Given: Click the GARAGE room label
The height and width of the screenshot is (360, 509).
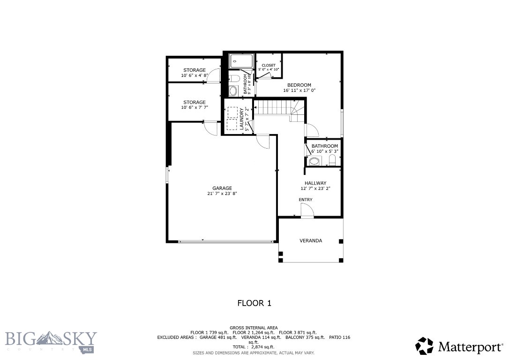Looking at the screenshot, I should pyautogui.click(x=222, y=188).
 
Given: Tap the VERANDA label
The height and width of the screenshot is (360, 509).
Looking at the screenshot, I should pyautogui.click(x=311, y=240).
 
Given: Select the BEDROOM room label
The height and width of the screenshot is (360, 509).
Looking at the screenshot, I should pyautogui.click(x=299, y=85).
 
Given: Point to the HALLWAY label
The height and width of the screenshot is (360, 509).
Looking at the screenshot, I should pyautogui.click(x=315, y=183).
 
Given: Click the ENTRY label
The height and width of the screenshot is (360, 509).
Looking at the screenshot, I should pyautogui.click(x=306, y=200).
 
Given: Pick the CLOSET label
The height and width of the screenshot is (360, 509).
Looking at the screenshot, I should pyautogui.click(x=269, y=65).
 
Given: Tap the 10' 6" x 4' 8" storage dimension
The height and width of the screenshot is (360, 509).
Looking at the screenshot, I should pyautogui.click(x=194, y=75).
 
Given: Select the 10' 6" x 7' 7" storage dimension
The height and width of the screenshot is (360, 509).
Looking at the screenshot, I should pyautogui.click(x=194, y=107).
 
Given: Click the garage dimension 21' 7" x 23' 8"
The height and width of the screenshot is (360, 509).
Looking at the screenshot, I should pyautogui.click(x=222, y=193).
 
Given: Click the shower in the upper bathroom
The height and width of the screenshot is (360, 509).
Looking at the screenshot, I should pyautogui.click(x=241, y=61).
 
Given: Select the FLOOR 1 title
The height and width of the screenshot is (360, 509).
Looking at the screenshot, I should pyautogui.click(x=254, y=303).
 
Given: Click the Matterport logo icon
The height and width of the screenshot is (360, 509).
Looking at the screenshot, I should pyautogui.click(x=425, y=346).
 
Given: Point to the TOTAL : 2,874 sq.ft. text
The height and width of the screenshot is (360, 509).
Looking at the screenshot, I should pyautogui.click(x=254, y=347).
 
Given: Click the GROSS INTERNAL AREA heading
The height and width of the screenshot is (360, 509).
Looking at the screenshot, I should pyautogui.click(x=254, y=328).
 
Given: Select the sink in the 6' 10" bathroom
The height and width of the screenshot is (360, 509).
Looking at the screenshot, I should pyautogui.click(x=314, y=162).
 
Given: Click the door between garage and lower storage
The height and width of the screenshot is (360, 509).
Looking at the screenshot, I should pyautogui.click(x=211, y=127).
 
